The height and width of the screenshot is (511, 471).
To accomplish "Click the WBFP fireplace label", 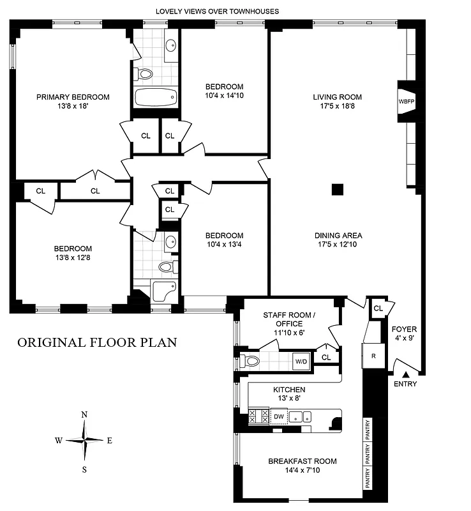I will click(406, 102).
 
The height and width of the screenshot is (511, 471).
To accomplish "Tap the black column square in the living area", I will click(338, 189).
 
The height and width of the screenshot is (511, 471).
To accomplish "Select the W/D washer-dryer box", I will click(301, 362).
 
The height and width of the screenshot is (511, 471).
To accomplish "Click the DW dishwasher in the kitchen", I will click(279, 416).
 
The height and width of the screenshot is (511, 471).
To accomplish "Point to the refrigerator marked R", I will click(373, 356).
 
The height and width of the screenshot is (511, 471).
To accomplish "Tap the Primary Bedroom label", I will click(73, 97).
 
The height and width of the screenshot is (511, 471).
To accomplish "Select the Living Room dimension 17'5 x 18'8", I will click(337, 107).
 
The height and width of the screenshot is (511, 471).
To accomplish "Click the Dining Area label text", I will click(337, 234).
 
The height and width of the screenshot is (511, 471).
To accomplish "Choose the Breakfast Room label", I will click(303, 461).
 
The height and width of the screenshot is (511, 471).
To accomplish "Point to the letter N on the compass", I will click(84, 415).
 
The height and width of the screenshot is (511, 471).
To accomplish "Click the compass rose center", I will click(84, 439).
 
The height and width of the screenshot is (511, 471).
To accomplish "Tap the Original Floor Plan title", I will click(97, 342).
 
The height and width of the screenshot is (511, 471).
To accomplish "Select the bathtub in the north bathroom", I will click(155, 98).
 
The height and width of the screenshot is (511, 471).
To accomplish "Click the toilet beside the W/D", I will click(252, 361).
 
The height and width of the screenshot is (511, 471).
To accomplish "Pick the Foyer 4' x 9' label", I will click(403, 333).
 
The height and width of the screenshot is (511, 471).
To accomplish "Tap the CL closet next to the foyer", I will click(378, 308).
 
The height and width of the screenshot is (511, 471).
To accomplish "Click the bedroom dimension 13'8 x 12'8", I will click(73, 258).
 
